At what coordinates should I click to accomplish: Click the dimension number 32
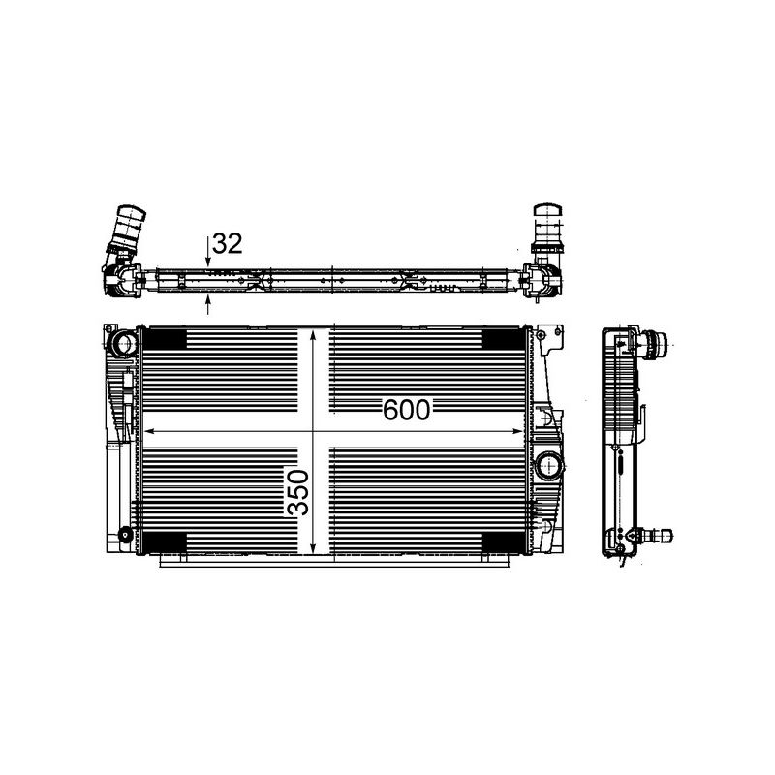click(x=227, y=244)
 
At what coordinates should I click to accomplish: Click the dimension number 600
click(x=406, y=410)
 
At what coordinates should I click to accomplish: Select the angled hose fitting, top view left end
click(x=126, y=232)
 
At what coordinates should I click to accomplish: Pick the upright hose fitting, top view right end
click(x=547, y=229)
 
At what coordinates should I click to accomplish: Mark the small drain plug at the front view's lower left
click(x=125, y=536)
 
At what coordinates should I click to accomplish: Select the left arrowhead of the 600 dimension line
click(x=148, y=431)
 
